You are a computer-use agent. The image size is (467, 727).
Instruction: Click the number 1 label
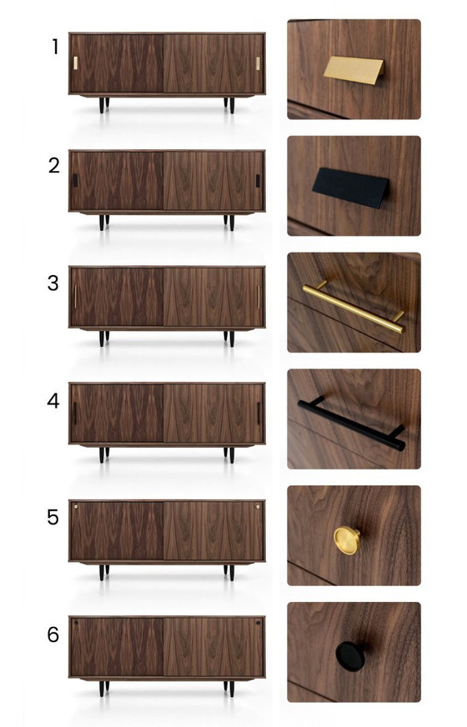[55, 48]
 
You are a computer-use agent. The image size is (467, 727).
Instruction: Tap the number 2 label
[54, 165]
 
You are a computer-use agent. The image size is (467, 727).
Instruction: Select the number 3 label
[53, 283]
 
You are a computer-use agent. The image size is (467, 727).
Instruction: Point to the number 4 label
[53, 400]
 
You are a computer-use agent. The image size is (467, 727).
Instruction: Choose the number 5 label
[53, 518]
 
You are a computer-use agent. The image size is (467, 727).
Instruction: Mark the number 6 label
[53, 635]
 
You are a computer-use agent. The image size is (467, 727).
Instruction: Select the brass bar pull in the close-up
[354, 307]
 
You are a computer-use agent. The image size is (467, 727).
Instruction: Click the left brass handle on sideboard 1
[75, 63]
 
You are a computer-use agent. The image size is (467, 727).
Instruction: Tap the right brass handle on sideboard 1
[259, 63]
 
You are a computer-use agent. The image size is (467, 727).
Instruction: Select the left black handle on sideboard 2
[75, 180]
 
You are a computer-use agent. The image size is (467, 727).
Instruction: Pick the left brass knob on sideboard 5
[76, 506]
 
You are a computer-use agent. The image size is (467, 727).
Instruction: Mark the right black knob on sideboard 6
[259, 623]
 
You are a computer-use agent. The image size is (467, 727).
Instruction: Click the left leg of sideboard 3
[103, 338]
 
